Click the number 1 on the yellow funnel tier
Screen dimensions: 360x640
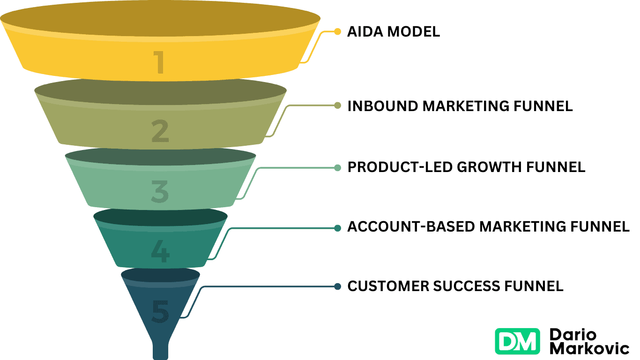(x=160, y=62)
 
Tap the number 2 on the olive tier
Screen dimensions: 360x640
(x=160, y=131)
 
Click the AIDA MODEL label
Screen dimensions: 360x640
(x=394, y=32)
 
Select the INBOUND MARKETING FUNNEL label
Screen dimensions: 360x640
(x=460, y=106)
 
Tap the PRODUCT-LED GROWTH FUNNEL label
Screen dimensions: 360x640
(x=466, y=167)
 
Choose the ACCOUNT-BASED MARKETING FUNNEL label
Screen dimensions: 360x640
(x=488, y=227)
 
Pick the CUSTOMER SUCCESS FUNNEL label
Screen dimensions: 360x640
(x=455, y=286)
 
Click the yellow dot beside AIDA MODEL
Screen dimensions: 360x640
(x=337, y=32)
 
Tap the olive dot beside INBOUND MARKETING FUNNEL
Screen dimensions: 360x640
(x=337, y=105)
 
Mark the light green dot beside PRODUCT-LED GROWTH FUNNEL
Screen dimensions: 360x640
(x=337, y=167)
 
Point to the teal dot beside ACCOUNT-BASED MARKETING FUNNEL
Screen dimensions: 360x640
(x=337, y=228)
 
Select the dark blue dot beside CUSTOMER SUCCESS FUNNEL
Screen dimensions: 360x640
(x=337, y=286)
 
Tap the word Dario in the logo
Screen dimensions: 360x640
(x=573, y=335)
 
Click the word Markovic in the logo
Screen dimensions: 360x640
(x=589, y=349)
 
